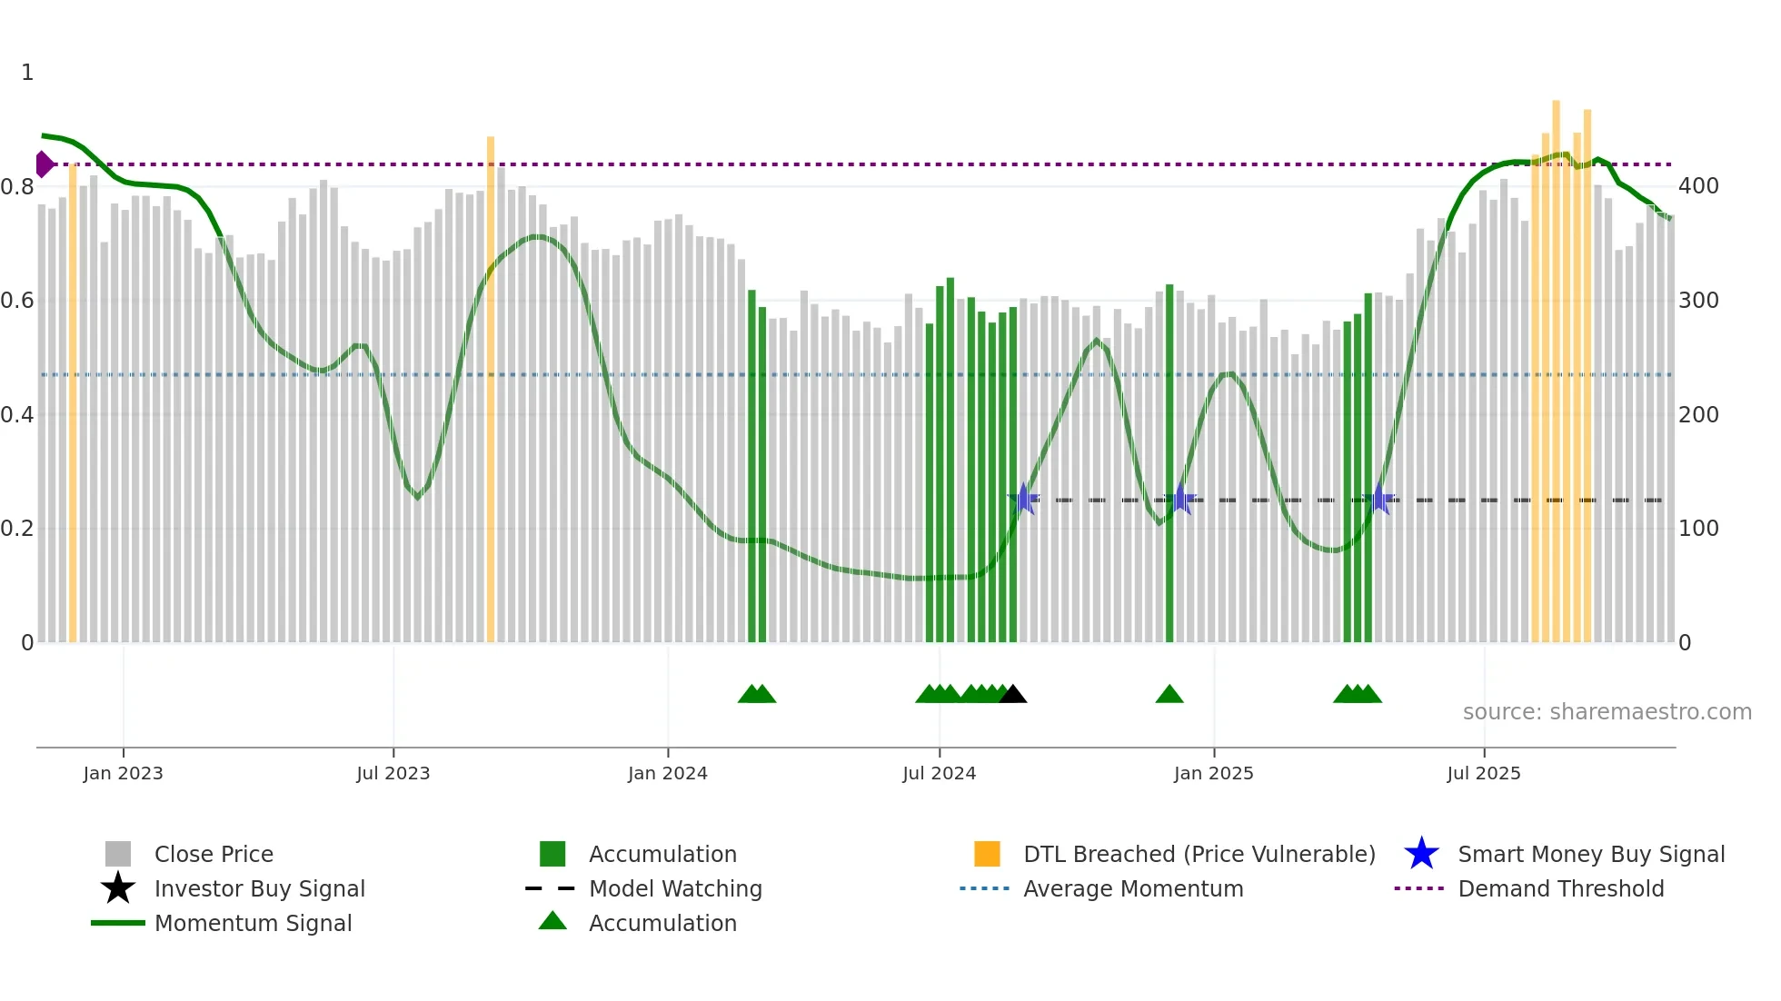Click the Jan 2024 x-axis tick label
[667, 773]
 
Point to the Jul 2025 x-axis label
[1483, 773]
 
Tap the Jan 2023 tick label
[123, 773]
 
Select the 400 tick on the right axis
[1698, 186]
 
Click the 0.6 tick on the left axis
[17, 301]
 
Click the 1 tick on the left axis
[27, 73]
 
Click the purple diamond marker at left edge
[44, 164]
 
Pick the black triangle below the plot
[1012, 695]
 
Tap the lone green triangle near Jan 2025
[1169, 695]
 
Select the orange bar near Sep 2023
[491, 391]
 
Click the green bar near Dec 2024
[1169, 463]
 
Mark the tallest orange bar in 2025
[1556, 372]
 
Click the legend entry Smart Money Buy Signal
[1590, 854]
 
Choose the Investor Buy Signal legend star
[118, 888]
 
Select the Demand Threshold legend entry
[1560, 888]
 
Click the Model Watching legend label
[675, 888]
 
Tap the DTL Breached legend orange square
[987, 854]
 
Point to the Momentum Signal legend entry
[253, 923]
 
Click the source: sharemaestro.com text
[1607, 712]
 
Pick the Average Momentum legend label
[1133, 888]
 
